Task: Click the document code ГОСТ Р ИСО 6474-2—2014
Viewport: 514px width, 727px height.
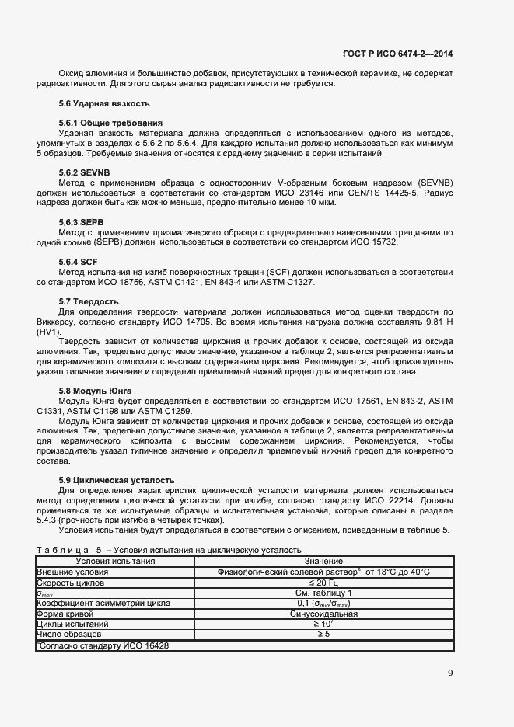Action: click(x=398, y=54)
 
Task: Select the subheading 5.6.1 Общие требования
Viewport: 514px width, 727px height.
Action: click(x=110, y=123)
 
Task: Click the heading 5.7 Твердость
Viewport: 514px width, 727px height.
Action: click(x=89, y=301)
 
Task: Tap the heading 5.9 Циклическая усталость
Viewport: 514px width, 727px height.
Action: click(x=117, y=480)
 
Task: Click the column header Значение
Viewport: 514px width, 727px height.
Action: click(x=323, y=561)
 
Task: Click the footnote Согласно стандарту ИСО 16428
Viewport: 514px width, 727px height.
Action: click(x=104, y=645)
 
